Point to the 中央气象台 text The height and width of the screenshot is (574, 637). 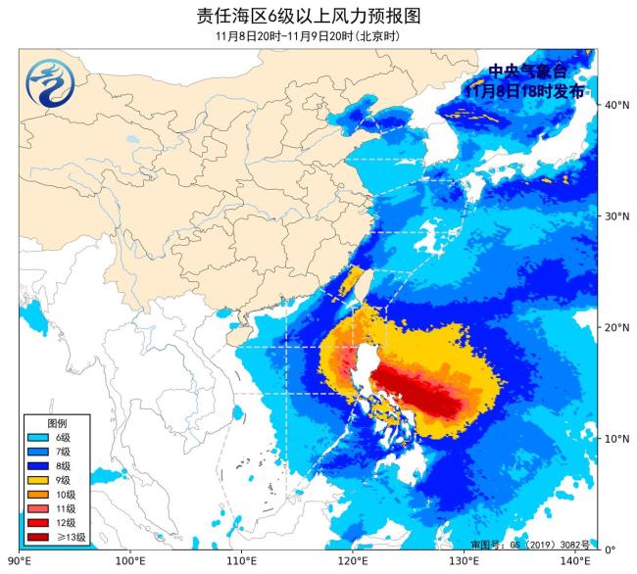[x=527, y=72]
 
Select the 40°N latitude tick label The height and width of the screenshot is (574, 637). [x=616, y=104]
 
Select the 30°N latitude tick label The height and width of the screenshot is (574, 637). [x=616, y=215]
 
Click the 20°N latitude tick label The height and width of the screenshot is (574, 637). [x=616, y=327]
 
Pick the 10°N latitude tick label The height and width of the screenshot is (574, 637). [x=616, y=438]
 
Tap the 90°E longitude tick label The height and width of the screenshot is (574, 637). [x=19, y=561]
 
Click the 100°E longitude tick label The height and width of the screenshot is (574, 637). [x=130, y=561]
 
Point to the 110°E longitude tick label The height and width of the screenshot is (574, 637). [x=242, y=561]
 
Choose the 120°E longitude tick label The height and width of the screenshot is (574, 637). [x=354, y=561]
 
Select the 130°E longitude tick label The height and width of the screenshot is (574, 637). [x=465, y=561]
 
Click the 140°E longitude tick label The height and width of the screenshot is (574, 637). [x=576, y=561]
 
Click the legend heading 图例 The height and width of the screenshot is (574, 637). [x=58, y=421]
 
